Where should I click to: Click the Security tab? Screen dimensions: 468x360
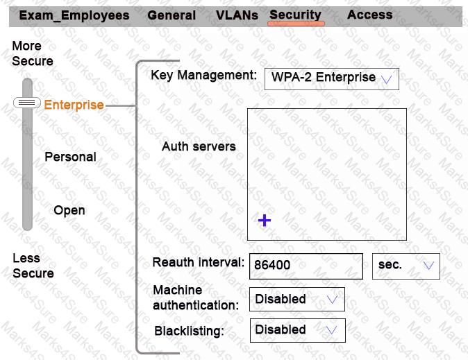pyautogui.click(x=296, y=15)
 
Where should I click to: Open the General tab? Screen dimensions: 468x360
pyautogui.click(x=172, y=15)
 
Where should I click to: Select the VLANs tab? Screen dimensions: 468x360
pyautogui.click(x=237, y=15)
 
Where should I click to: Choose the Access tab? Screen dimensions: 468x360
pyautogui.click(x=370, y=15)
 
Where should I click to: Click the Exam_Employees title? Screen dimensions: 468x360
pyautogui.click(x=74, y=15)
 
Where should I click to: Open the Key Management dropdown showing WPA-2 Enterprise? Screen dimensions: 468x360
pyautogui.click(x=332, y=79)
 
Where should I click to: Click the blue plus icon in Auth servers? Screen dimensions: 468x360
pyautogui.click(x=265, y=221)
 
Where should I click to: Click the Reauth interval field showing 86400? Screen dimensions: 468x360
pyautogui.click(x=306, y=266)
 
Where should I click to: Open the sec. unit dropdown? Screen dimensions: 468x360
pyautogui.click(x=406, y=266)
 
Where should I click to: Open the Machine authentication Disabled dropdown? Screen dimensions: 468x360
pyautogui.click(x=297, y=299)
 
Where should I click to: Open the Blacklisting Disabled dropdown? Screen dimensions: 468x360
pyautogui.click(x=298, y=330)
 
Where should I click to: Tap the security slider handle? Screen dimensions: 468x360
pyautogui.click(x=27, y=103)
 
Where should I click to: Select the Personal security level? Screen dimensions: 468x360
pyautogui.click(x=70, y=157)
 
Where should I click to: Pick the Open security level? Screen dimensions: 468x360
pyautogui.click(x=69, y=210)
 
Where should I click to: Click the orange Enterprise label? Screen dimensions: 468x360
pyautogui.click(x=74, y=105)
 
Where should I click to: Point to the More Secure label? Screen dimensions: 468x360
pyautogui.click(x=33, y=53)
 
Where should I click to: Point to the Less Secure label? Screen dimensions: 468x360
pyautogui.click(x=33, y=266)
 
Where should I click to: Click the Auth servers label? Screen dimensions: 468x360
pyautogui.click(x=199, y=146)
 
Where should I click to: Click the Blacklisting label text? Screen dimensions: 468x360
pyautogui.click(x=190, y=331)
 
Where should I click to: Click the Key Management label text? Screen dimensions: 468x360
pyautogui.click(x=204, y=75)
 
